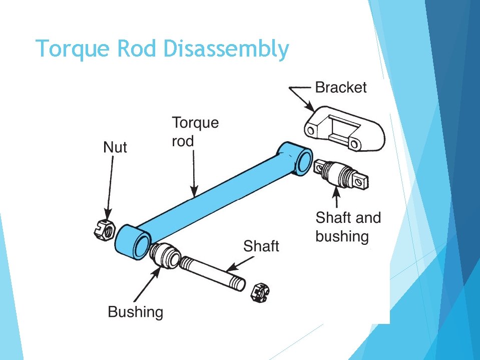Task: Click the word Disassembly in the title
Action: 226,50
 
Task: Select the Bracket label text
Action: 340,88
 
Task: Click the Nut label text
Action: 115,147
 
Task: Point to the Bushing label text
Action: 136,312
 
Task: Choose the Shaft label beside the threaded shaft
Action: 261,246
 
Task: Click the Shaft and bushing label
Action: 348,227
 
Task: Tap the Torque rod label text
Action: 195,132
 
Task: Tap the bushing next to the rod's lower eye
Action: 165,254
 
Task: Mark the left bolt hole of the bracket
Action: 311,131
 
